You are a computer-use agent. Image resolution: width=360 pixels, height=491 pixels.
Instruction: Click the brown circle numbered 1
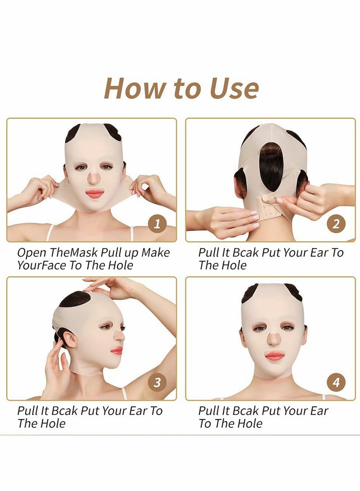pos(157,223)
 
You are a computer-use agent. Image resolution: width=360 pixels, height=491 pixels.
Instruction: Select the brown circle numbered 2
pos(336,223)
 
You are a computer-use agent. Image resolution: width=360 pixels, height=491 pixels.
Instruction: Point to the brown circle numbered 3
pos(157,383)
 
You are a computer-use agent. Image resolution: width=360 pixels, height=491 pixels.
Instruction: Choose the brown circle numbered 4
pos(336,383)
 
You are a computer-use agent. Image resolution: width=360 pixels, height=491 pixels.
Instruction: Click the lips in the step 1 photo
pos(95,194)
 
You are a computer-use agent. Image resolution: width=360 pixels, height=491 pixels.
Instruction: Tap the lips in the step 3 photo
pos(117,350)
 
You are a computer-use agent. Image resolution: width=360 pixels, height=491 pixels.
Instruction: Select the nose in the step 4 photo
pos(274,340)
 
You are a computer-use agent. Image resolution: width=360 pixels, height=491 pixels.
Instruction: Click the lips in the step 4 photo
pos(274,356)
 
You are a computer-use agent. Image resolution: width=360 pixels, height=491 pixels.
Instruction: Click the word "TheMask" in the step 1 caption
pos(71,252)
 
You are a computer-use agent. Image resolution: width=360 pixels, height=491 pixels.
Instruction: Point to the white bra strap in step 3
pos(123,393)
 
